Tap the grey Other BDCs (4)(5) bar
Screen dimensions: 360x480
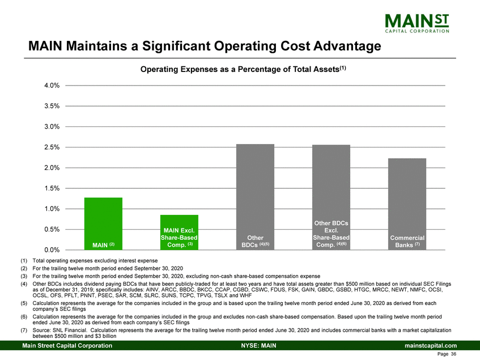(x=255, y=196)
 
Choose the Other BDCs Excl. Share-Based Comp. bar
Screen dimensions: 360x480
(x=331, y=196)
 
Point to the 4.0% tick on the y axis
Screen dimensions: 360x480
(x=52, y=86)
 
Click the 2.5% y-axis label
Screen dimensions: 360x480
(x=52, y=147)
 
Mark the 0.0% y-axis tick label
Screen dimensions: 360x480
(x=52, y=250)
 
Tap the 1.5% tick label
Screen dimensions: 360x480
(x=52, y=188)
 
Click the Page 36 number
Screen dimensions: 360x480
(x=447, y=355)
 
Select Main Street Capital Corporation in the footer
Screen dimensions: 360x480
(x=67, y=345)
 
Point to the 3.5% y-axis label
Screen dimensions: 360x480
(x=52, y=106)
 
